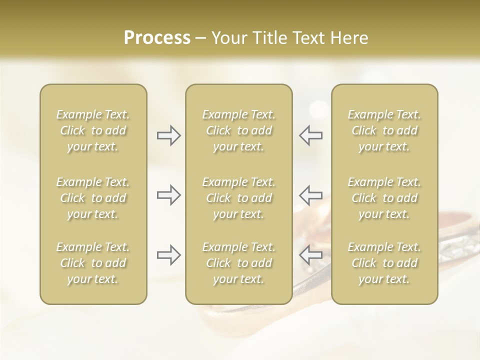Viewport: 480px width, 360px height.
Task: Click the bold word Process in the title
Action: point(157,38)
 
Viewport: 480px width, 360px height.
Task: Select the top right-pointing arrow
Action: point(168,135)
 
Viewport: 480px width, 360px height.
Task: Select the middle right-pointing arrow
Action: point(168,195)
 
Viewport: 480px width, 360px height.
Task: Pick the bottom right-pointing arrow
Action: point(168,255)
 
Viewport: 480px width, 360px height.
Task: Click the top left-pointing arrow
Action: point(311,135)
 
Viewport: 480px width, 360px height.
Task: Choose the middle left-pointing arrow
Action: point(311,195)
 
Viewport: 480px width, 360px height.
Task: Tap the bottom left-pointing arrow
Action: point(311,255)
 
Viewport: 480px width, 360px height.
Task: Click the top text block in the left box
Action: point(93,130)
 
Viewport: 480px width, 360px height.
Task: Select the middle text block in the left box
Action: point(93,198)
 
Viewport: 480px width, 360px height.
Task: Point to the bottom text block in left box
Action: point(93,263)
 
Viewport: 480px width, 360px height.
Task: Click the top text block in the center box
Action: point(239,130)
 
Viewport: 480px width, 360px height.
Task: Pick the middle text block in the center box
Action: point(239,198)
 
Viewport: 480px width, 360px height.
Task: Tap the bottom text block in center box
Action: point(239,263)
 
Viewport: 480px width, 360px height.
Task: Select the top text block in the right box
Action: point(384,130)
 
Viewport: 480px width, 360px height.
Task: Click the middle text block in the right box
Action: point(384,198)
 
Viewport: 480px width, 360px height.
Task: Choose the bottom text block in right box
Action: point(384,263)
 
